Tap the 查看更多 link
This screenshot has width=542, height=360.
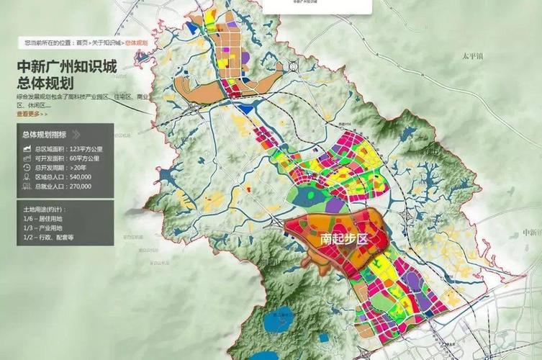click(x=32, y=113)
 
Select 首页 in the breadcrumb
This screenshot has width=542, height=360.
click(x=83, y=43)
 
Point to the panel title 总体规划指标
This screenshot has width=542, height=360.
click(x=45, y=134)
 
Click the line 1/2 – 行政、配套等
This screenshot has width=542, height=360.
click(x=49, y=237)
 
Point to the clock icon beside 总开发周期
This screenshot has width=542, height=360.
click(x=26, y=167)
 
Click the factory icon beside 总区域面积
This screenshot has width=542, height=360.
click(x=26, y=148)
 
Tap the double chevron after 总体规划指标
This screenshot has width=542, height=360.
click(x=75, y=134)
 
